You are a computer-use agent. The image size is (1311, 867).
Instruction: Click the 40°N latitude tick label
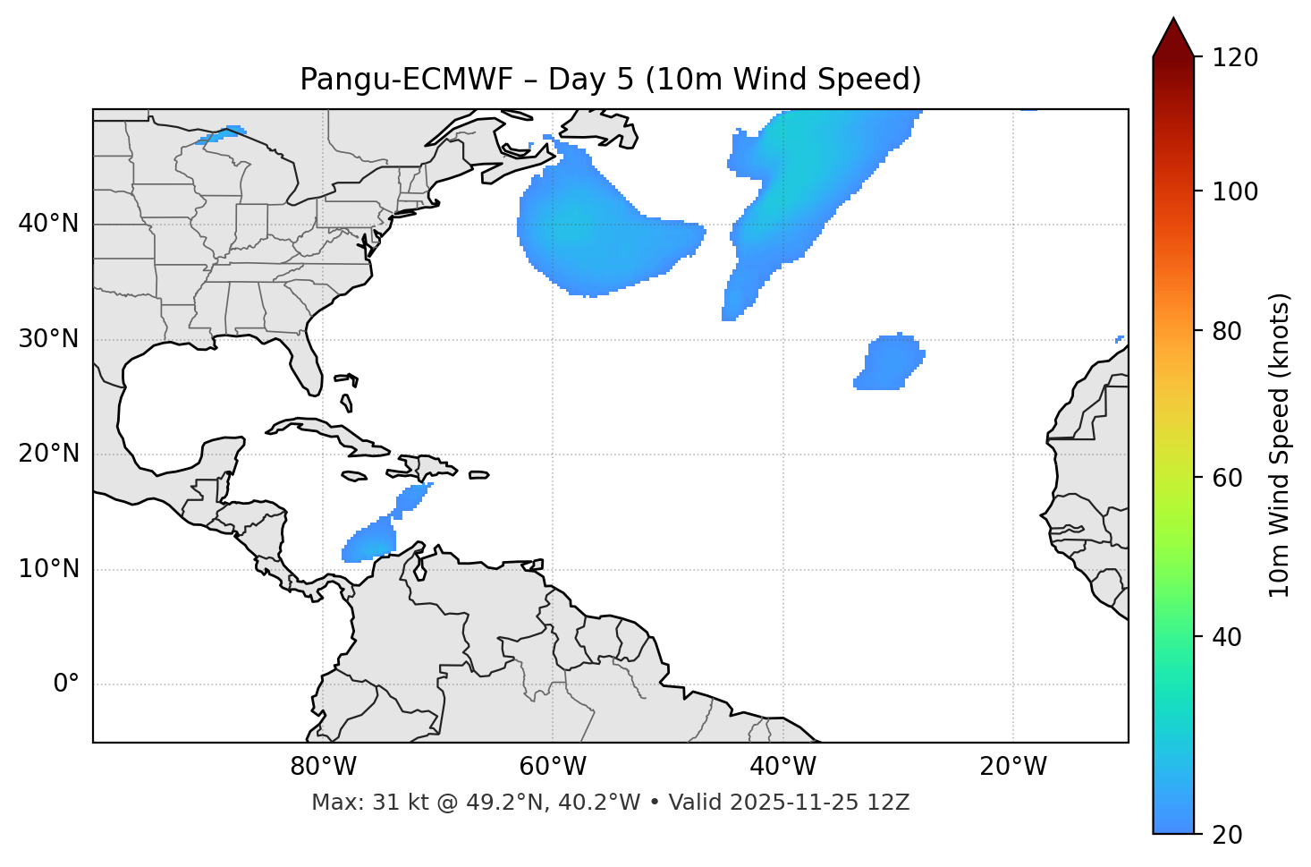coord(48,223)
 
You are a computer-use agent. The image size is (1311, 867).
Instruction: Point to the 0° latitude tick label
coord(66,684)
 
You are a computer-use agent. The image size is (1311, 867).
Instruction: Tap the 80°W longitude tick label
coord(323,767)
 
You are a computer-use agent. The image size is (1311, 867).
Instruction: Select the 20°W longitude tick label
coord(1013,767)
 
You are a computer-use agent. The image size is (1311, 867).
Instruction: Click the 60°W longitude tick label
coord(552,767)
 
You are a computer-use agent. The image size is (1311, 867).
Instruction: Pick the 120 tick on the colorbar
coord(1235,58)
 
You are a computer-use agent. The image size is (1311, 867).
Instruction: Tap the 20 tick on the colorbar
coord(1227,835)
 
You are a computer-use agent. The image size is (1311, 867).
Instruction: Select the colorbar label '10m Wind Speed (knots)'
coord(1280,445)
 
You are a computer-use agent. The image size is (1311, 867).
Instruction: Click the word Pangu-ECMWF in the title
coord(406,80)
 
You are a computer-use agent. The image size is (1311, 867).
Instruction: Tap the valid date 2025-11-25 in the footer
coord(787,803)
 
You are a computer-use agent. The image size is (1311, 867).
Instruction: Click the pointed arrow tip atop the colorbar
coord(1173,22)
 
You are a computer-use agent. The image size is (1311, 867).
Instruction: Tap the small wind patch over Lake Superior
coord(222,135)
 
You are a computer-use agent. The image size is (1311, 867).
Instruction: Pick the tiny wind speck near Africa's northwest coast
coord(1120,339)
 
